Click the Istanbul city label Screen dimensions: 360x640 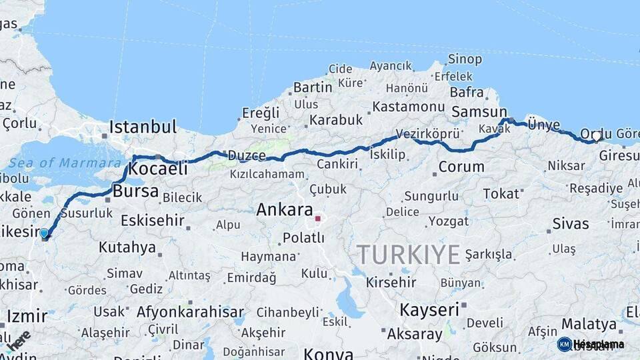(x=143, y=126)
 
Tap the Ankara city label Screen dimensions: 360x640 (x=285, y=209)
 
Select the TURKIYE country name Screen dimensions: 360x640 (x=408, y=255)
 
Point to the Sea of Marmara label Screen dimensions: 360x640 (x=65, y=162)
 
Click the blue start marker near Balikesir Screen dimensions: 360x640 (x=44, y=233)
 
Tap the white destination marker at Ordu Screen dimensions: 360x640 (x=597, y=136)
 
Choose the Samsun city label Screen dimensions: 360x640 (x=479, y=112)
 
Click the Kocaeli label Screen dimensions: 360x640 (x=157, y=169)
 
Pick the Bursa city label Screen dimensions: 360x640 (x=136, y=191)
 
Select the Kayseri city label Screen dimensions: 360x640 (x=429, y=309)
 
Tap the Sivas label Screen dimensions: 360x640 (x=571, y=223)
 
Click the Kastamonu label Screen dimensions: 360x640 (x=408, y=107)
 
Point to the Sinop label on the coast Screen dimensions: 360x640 (x=465, y=59)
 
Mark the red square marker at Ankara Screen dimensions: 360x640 (x=318, y=218)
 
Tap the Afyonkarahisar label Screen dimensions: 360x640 (x=190, y=311)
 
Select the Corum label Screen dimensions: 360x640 (x=461, y=167)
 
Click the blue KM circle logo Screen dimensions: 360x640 (x=564, y=344)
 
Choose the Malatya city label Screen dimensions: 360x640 (x=589, y=324)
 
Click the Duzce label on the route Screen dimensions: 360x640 (x=247, y=155)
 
